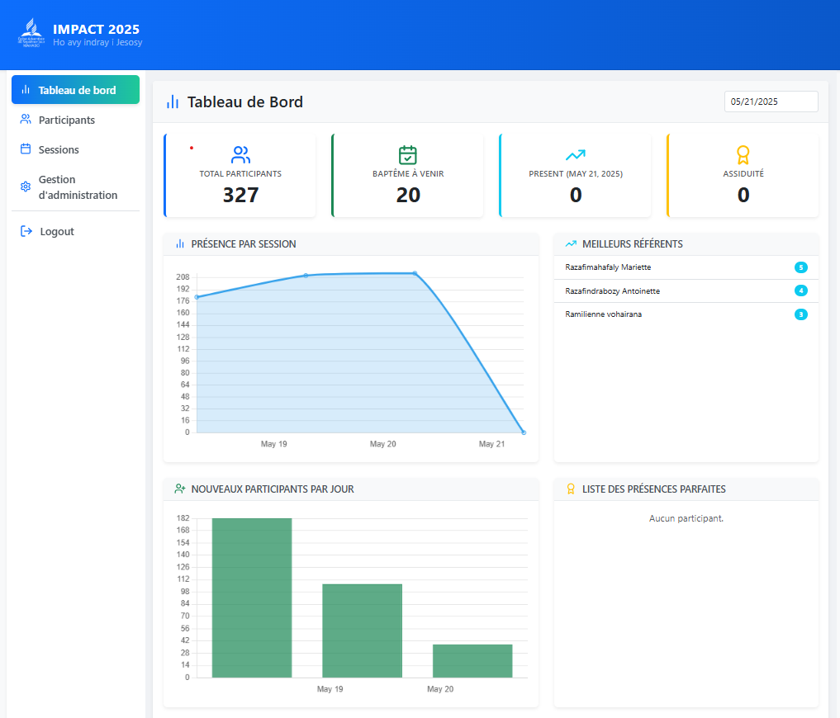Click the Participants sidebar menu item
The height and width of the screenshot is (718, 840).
tap(66, 120)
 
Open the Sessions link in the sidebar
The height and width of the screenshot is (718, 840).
tap(59, 149)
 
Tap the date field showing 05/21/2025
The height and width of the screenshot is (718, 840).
tap(771, 102)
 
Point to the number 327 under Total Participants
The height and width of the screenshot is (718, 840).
tap(240, 195)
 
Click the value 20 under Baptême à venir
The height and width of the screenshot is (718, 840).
tap(408, 195)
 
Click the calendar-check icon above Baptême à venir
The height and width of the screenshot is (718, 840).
tap(408, 154)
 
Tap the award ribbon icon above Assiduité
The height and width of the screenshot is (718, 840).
tap(743, 154)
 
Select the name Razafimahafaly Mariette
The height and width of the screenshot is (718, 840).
tap(607, 267)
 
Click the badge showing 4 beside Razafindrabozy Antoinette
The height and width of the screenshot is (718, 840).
tap(800, 291)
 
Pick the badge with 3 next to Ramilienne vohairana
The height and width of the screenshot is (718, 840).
tap(800, 314)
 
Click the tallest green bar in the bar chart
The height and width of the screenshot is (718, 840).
tap(252, 598)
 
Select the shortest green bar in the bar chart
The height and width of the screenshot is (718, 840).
tap(472, 660)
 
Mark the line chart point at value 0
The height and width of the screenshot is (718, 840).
tap(524, 432)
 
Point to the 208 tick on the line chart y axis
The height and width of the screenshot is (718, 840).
tap(183, 277)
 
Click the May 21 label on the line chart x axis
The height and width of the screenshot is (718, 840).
tap(491, 444)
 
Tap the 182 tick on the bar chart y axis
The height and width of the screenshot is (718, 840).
tap(183, 518)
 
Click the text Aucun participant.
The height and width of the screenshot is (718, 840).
tap(686, 518)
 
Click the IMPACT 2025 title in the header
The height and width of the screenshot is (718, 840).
tap(96, 30)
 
